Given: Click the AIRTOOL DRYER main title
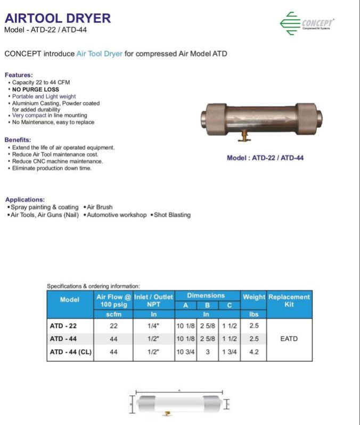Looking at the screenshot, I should click(58, 18).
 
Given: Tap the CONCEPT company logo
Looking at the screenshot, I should click(307, 23).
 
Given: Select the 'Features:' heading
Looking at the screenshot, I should click(19, 75).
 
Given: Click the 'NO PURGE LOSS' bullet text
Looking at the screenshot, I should click(36, 89).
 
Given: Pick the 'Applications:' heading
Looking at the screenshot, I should click(25, 200).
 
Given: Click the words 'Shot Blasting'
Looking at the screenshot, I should click(172, 215).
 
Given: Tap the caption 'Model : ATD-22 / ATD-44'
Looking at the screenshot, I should click(265, 158).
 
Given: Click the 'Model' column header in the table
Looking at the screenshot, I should click(70, 300).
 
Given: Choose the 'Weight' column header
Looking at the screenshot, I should click(254, 297).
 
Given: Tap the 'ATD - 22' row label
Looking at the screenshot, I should click(63, 325).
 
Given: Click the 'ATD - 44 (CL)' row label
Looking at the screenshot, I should click(70, 352).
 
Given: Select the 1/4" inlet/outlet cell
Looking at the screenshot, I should click(153, 325).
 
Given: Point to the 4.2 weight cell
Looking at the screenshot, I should click(253, 352).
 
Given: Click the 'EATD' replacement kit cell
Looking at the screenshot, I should click(289, 339).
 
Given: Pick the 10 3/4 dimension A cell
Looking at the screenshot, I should click(186, 352).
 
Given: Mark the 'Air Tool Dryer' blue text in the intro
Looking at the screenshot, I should click(100, 54).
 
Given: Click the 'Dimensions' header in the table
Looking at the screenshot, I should click(207, 296).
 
